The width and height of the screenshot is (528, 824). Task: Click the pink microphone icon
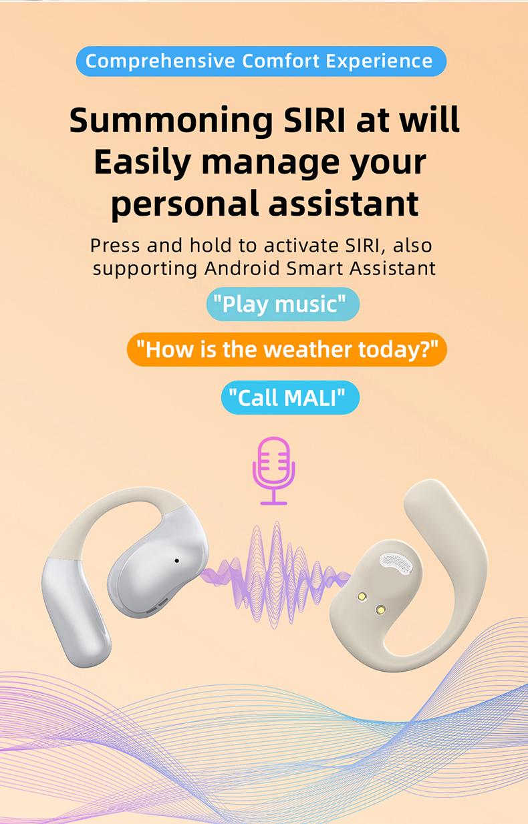coord(273,471)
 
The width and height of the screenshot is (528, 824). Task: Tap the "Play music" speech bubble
coord(283,304)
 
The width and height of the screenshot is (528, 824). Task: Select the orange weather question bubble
coord(287,349)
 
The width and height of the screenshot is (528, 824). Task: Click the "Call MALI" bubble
coord(290,398)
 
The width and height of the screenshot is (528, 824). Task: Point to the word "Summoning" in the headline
coord(171,120)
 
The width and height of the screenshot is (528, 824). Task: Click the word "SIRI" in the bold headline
coord(315,120)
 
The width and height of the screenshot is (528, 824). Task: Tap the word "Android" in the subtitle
coord(242,268)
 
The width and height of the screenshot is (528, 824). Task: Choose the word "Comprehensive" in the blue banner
coord(160,61)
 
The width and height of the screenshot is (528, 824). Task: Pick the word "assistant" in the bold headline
coord(344,204)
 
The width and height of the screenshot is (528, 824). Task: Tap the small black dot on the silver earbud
coord(176,561)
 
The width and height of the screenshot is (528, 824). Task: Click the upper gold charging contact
coord(362,596)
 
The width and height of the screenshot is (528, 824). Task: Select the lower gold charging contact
coord(380,610)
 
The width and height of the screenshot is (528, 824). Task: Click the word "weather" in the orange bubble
coord(307,349)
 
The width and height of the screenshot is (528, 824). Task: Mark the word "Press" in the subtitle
coord(115,245)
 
